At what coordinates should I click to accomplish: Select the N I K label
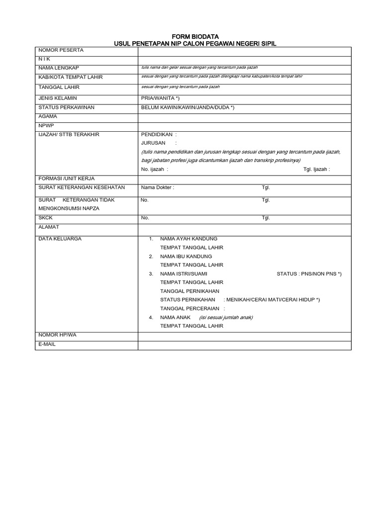44,59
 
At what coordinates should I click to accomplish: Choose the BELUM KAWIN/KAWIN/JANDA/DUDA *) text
188,107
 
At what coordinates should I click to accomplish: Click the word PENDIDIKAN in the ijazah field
157,134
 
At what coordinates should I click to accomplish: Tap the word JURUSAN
153,143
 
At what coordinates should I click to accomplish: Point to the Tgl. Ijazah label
316,170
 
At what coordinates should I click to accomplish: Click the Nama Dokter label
158,188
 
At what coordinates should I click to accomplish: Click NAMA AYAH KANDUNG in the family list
189,239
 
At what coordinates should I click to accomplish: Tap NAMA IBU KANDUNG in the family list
186,256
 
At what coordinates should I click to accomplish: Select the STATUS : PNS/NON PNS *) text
309,274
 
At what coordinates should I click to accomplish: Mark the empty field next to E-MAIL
244,344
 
